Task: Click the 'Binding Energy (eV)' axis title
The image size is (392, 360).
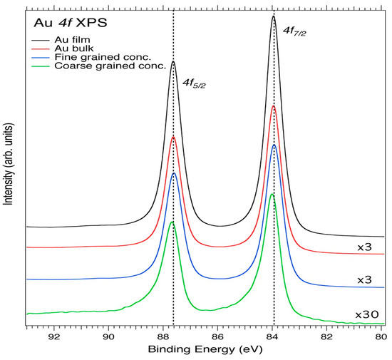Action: [x=205, y=351]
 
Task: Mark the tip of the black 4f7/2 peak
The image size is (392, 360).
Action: [x=274, y=16]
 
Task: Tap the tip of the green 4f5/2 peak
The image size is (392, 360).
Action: [x=172, y=222]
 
